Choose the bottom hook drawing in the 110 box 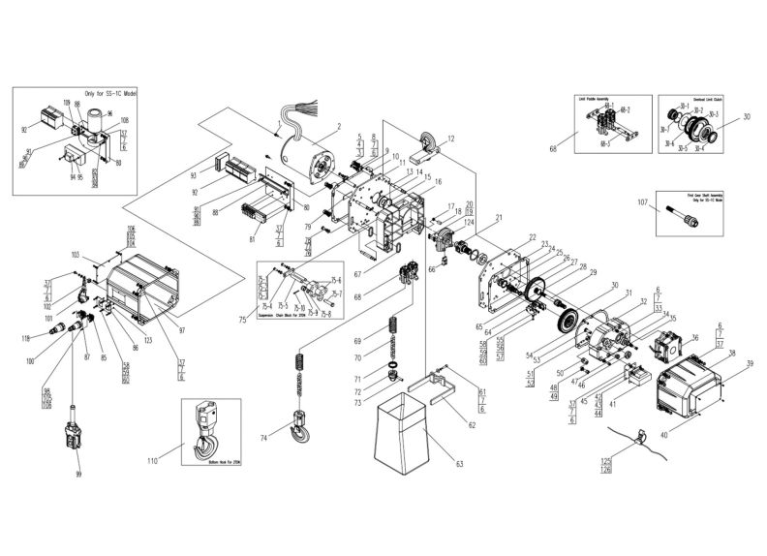(x=208, y=435)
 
